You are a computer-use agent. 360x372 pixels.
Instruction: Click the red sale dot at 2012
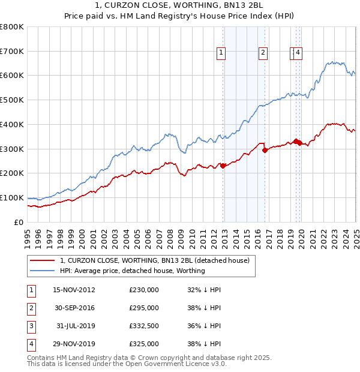pos(223,166)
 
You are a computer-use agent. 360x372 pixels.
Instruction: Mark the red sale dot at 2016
pos(265,150)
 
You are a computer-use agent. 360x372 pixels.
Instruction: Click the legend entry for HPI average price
pos(132,271)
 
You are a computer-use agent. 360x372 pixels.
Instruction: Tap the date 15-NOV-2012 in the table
pos(74,290)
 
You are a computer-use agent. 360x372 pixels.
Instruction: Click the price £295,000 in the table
pos(144,308)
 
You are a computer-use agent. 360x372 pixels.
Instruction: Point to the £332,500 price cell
pos(144,326)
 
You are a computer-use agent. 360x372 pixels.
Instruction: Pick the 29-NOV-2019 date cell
pos(74,344)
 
